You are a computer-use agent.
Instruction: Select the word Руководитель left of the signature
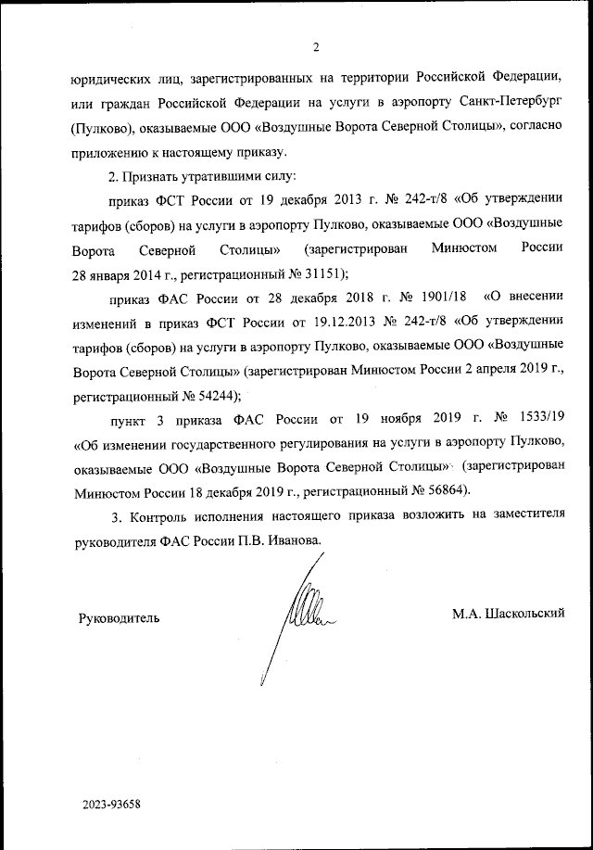click(x=120, y=615)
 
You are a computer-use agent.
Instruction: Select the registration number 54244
click(x=213, y=396)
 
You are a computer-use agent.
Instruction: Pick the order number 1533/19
click(x=535, y=421)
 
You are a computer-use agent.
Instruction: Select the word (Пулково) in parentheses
click(x=105, y=124)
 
